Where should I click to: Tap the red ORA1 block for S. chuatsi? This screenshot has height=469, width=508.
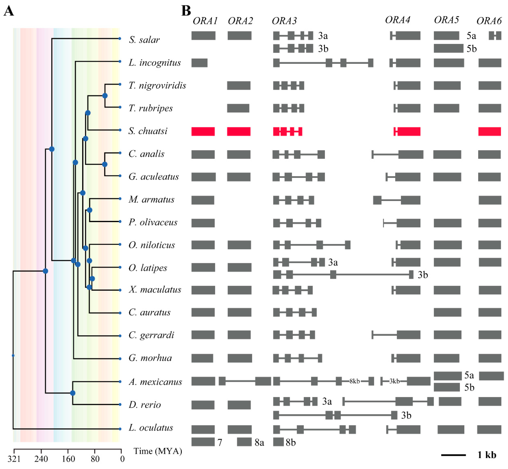[x=203, y=132]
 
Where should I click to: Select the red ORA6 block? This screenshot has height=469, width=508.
[x=489, y=132]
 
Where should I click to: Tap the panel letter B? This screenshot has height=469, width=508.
[x=186, y=11]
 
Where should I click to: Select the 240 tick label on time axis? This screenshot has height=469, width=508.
[x=41, y=459]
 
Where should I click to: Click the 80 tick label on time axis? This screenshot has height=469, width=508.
[x=95, y=459]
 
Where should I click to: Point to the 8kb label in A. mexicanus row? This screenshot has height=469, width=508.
[x=355, y=381]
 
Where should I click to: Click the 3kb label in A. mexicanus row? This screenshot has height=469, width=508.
[x=394, y=381]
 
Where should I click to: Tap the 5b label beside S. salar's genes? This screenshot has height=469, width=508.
[x=471, y=49]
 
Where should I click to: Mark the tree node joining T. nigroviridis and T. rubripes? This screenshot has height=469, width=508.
[x=105, y=96]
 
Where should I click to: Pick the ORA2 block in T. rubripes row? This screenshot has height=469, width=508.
[x=238, y=108]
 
